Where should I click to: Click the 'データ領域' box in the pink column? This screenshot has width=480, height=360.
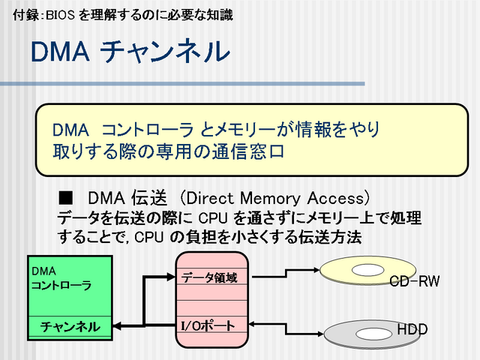coord(210,277)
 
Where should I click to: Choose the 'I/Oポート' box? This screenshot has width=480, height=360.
coord(210,325)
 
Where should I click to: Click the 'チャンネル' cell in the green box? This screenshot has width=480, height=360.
coord(70,326)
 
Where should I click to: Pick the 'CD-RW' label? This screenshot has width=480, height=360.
coord(414,281)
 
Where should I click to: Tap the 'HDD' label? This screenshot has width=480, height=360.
coord(412,329)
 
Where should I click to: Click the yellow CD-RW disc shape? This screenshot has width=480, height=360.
coord(360,271)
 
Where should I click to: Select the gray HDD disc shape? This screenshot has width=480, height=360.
coord(360,331)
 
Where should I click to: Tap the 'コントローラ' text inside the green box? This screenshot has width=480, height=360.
coord(61,285)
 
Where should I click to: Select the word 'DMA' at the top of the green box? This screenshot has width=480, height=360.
coord(43,269)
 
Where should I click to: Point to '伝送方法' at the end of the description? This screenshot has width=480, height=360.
coord(331,237)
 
